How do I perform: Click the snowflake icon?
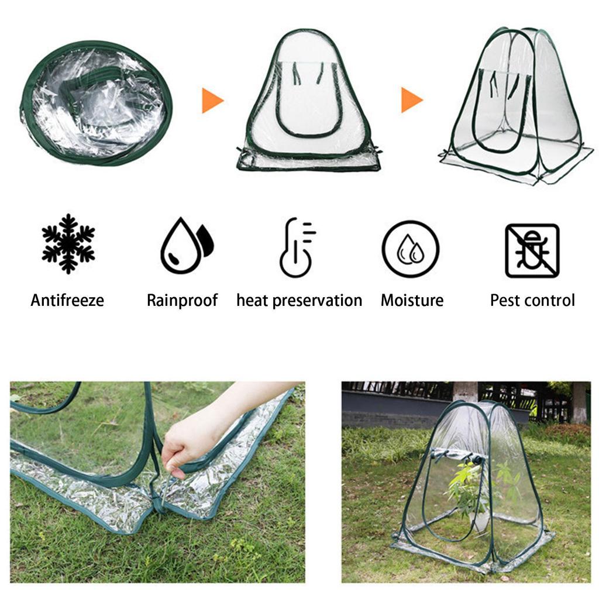click(x=68, y=243)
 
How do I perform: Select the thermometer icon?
click(x=297, y=246)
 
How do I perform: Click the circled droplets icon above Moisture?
click(x=411, y=249)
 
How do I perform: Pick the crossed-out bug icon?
click(x=532, y=250)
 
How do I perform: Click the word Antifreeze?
click(x=67, y=301)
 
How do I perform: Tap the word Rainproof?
click(x=182, y=301)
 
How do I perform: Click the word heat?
click(x=253, y=301)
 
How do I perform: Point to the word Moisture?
click(x=412, y=301)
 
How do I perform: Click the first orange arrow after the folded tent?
click(x=212, y=101)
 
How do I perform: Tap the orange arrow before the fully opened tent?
click(x=411, y=99)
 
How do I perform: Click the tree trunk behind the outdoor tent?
click(x=465, y=392)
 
